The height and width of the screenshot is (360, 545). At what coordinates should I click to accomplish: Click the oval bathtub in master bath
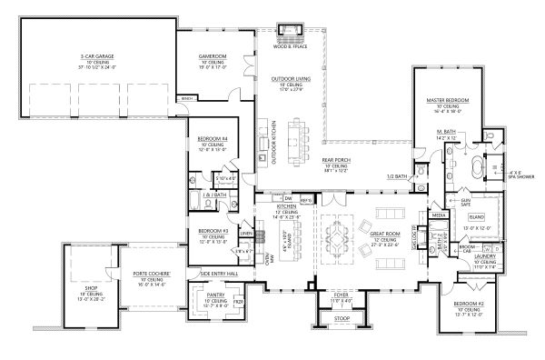476,168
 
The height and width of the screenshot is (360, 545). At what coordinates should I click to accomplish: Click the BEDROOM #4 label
211,137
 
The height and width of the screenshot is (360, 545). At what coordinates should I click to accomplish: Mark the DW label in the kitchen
287,198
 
